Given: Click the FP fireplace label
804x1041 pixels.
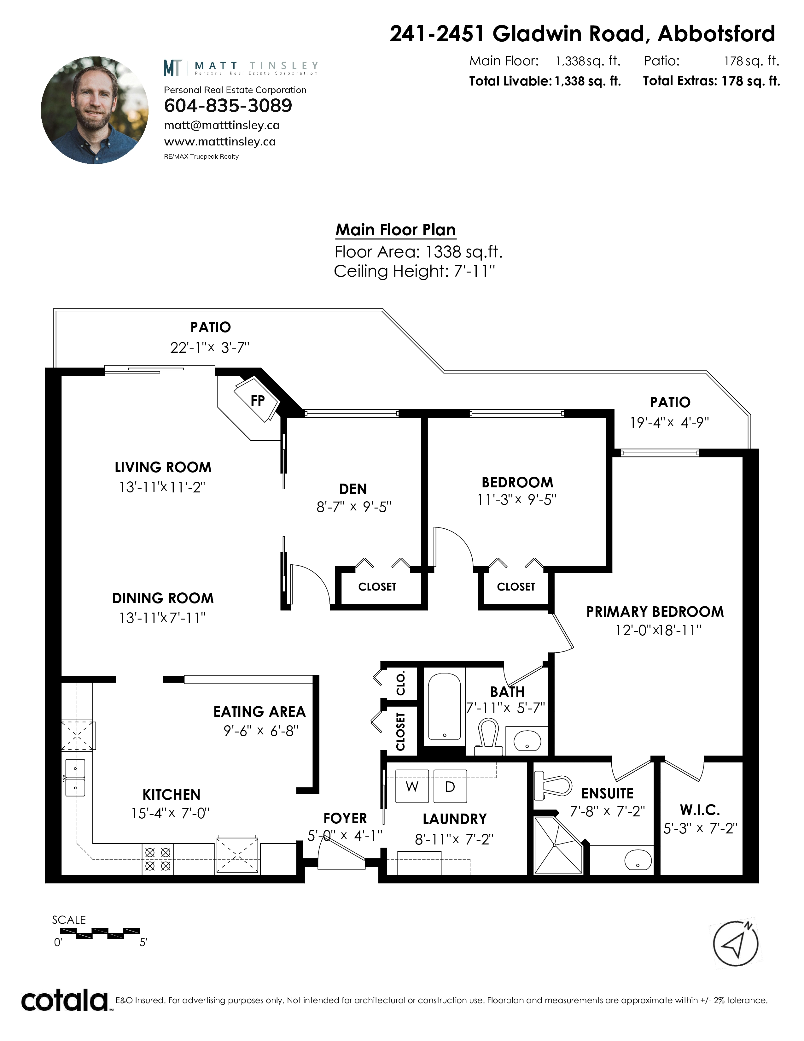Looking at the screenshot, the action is [257, 400].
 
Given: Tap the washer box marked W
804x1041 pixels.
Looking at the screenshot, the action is [412, 786].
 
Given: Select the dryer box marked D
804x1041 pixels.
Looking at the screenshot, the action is [450, 786].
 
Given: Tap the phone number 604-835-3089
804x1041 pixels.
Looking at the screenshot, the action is [228, 106].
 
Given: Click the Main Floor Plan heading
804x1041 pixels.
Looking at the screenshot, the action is [395, 230].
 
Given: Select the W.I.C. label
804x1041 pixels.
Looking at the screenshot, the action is [700, 810].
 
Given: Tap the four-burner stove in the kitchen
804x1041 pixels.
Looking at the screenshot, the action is [158, 859].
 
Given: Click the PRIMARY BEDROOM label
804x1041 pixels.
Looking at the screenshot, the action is [655, 612].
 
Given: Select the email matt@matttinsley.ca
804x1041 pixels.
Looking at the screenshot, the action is [221, 125].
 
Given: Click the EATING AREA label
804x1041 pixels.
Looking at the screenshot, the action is [259, 712].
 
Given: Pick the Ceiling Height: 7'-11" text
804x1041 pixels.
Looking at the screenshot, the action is [414, 271].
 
